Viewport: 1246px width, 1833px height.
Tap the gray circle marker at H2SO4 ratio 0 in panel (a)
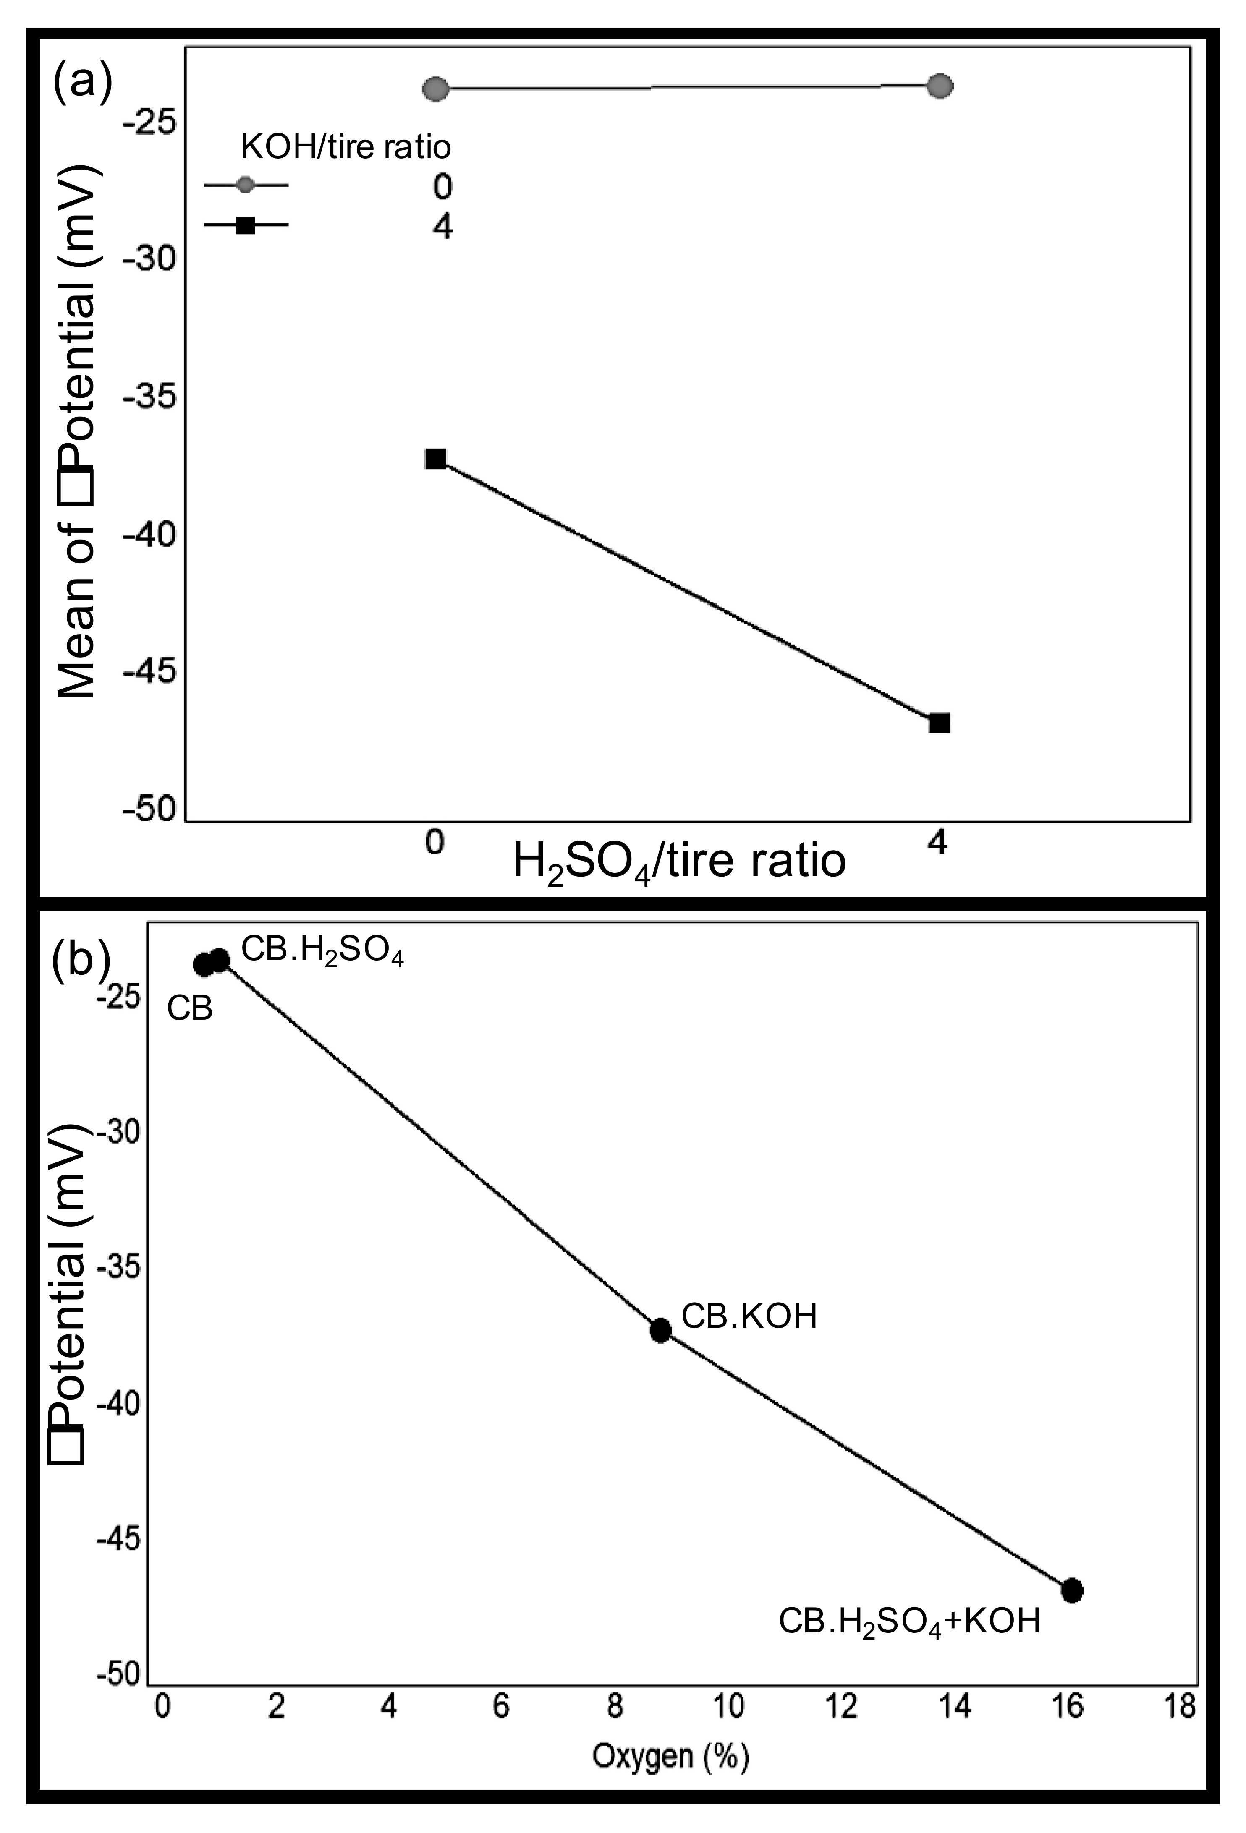point(436,89)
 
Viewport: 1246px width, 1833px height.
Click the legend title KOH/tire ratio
point(346,147)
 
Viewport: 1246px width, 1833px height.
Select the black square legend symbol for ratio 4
point(246,226)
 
